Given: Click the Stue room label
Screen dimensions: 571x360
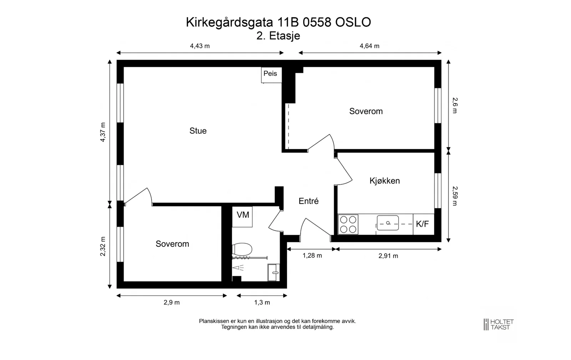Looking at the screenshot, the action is click(x=198, y=131).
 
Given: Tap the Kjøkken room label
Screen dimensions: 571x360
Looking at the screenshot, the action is click(x=385, y=181).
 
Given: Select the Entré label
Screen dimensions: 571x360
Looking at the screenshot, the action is click(x=308, y=201).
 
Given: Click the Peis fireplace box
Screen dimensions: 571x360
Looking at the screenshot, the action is click(x=272, y=75).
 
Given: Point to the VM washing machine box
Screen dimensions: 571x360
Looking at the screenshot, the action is click(x=242, y=217).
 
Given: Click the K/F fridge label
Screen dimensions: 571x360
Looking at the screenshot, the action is click(x=423, y=224).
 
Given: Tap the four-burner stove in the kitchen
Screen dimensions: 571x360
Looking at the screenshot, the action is click(x=348, y=224).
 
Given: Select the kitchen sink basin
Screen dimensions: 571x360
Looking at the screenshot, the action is click(x=388, y=223).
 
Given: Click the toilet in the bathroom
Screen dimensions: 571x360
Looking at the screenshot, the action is click(x=242, y=249).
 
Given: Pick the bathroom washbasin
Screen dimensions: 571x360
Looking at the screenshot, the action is click(x=273, y=272).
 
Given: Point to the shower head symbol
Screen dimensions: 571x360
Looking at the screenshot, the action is click(x=238, y=267).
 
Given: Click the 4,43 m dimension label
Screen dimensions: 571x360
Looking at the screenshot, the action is click(x=200, y=46).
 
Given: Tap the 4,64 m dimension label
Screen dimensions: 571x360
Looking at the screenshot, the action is click(x=369, y=46).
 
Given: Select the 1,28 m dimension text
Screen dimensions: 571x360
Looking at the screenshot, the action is click(x=312, y=256).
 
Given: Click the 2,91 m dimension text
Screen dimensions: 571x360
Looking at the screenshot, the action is click(x=388, y=256).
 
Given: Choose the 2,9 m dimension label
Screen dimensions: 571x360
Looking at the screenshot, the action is click(x=172, y=302).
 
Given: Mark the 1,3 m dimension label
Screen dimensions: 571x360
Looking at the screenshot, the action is click(x=262, y=302).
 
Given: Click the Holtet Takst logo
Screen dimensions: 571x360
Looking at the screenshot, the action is click(x=499, y=325).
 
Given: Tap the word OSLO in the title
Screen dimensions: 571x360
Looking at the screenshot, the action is click(x=353, y=22).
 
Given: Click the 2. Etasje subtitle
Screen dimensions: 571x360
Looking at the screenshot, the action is click(x=278, y=36).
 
